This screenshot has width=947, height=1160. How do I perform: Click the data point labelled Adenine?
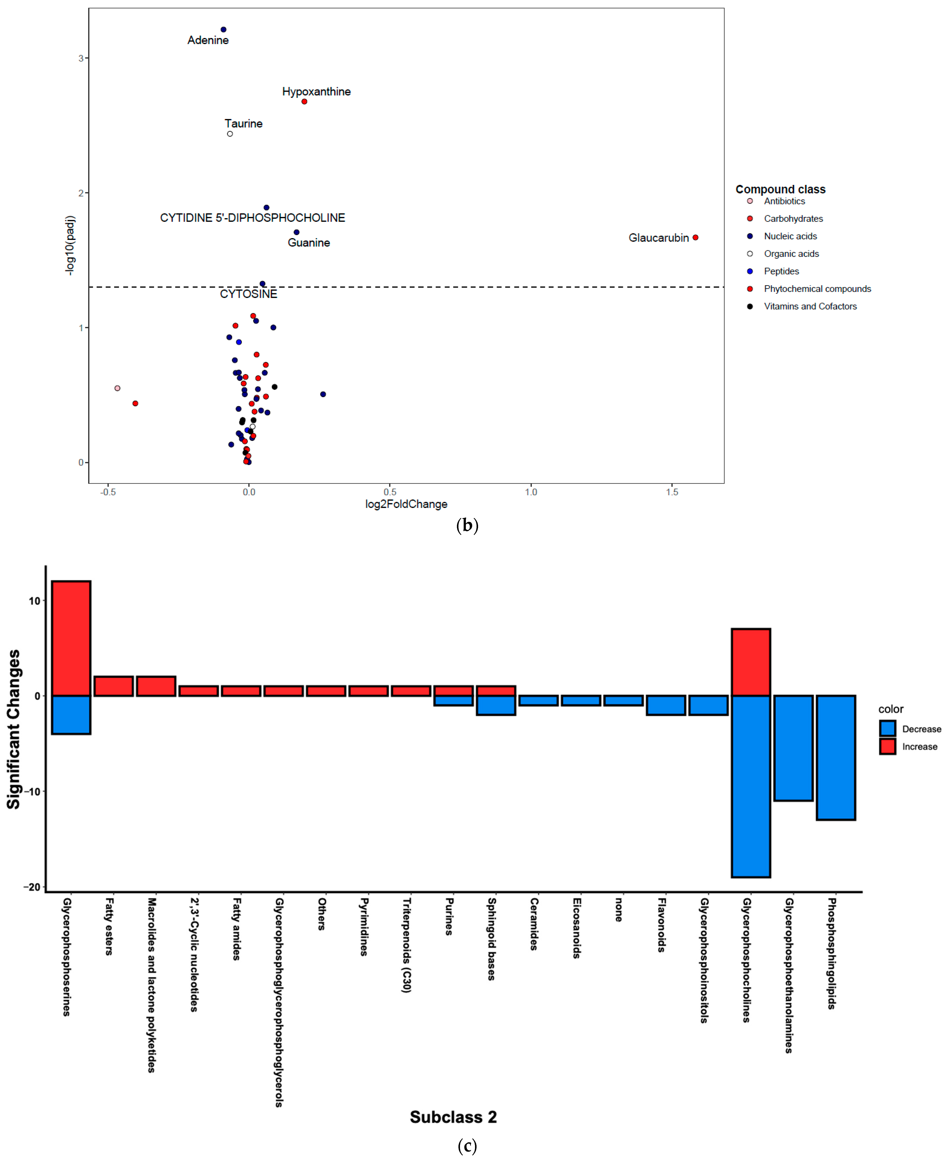pos(223,29)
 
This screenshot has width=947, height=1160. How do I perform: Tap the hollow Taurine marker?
pos(230,134)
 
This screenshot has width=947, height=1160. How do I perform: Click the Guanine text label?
pos(309,243)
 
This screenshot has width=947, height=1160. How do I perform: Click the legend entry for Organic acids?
pos(791,254)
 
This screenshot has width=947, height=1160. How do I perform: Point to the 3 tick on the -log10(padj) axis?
pos(81,58)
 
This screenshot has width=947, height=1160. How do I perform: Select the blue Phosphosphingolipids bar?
pos(836,757)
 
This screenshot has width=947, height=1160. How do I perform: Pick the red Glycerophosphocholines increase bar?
pos(751,662)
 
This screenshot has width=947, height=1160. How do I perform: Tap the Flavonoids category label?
pos(661,925)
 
